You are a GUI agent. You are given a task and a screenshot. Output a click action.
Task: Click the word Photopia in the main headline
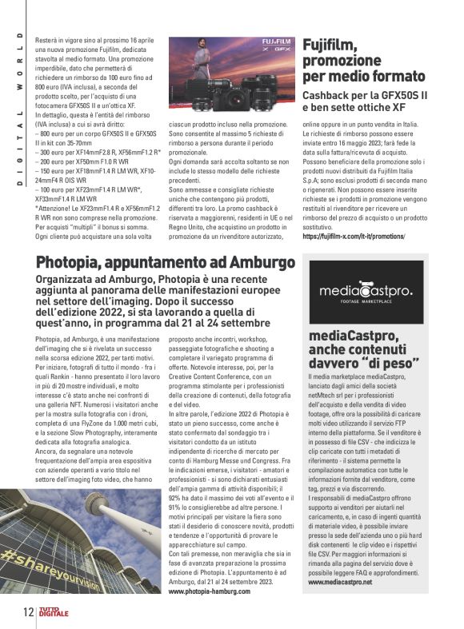(x=74, y=262)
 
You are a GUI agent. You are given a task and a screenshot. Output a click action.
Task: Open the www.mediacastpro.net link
(x=340, y=583)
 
